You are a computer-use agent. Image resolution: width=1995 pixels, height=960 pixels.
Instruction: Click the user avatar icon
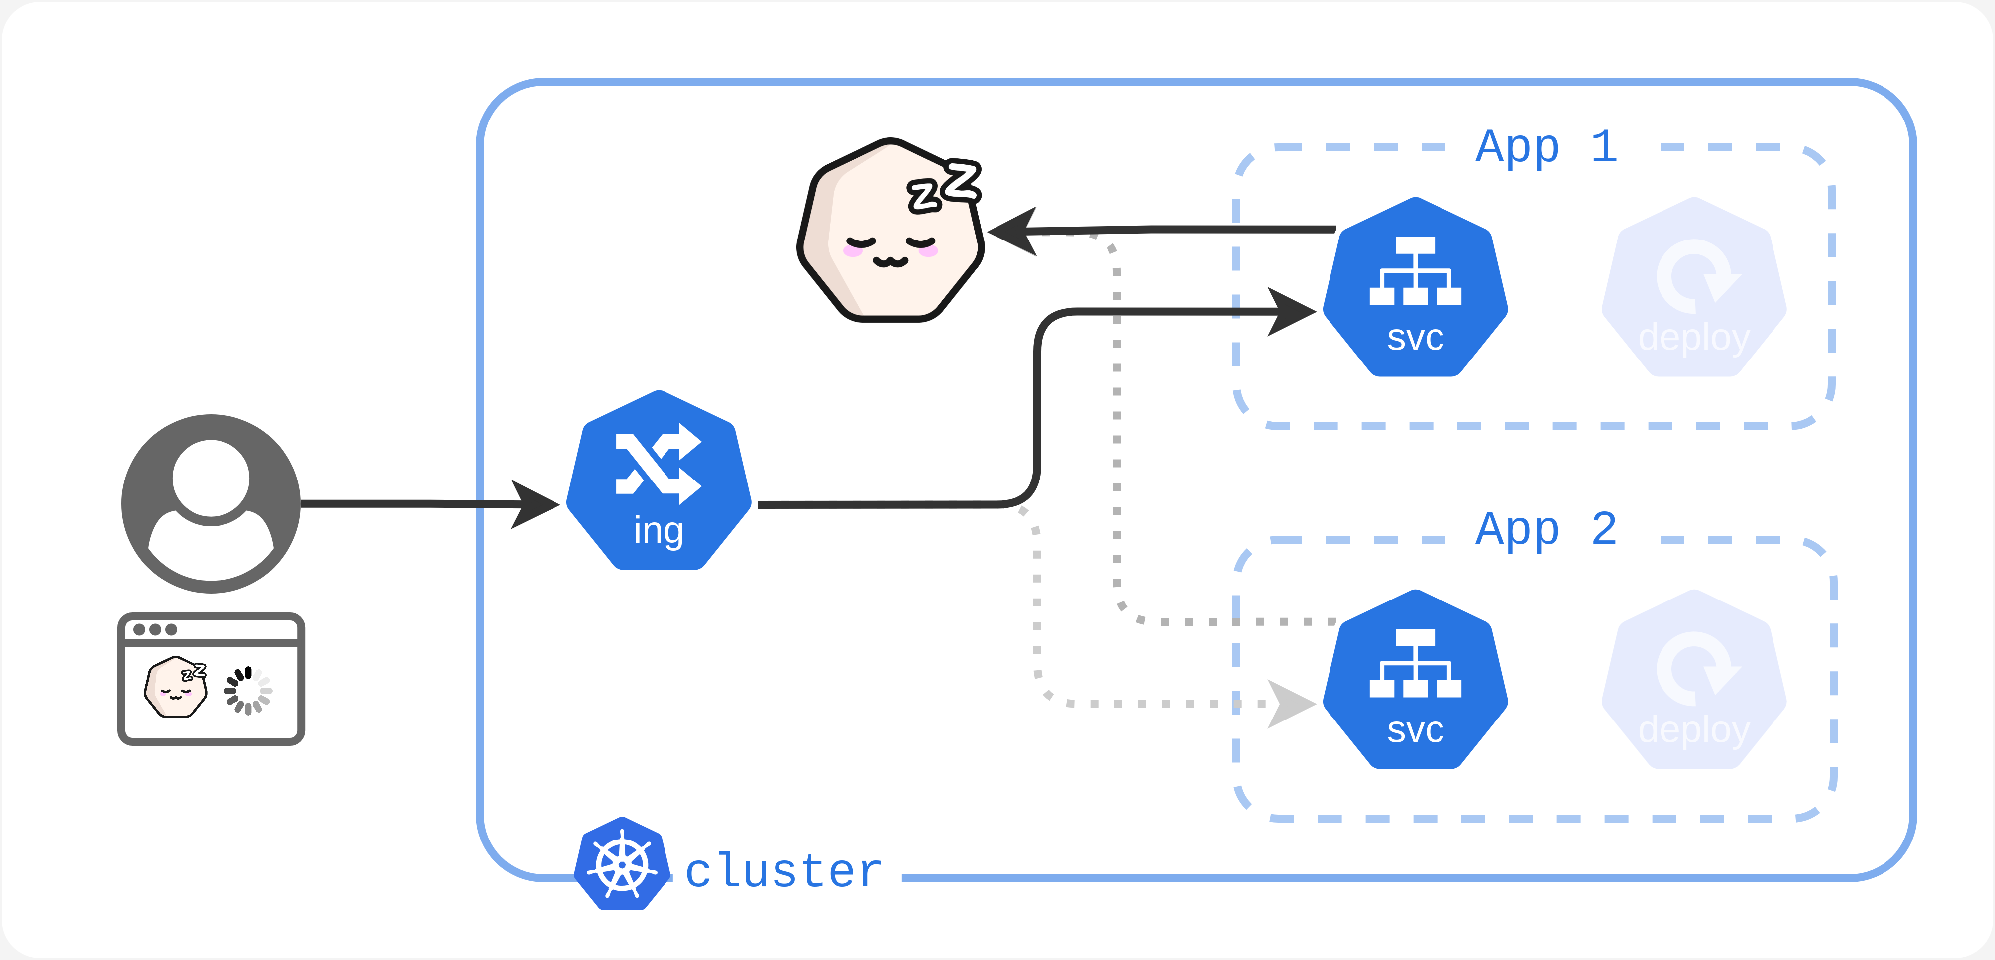click(x=211, y=503)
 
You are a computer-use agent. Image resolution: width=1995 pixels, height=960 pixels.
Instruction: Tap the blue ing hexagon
click(x=659, y=480)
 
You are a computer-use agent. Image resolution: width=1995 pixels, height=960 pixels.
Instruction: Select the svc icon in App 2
click(x=1415, y=680)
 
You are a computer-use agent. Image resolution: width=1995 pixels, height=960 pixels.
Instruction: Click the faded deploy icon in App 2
click(x=1694, y=680)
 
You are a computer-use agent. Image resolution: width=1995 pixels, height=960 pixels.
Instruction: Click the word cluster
click(x=784, y=871)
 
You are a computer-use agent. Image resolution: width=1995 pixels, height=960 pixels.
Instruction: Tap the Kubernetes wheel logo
click(x=622, y=864)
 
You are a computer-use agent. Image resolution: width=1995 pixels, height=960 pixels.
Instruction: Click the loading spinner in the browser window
click(x=248, y=690)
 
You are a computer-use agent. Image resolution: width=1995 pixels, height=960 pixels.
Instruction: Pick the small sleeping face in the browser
click(x=176, y=687)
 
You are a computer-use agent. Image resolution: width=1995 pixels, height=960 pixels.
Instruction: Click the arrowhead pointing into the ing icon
click(x=535, y=504)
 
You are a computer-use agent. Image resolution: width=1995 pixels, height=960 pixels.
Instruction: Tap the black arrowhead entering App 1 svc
click(x=1291, y=312)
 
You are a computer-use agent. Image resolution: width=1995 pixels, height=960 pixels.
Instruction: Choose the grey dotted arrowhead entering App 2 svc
click(x=1291, y=704)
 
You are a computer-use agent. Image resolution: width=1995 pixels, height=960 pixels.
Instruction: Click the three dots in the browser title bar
click(x=155, y=629)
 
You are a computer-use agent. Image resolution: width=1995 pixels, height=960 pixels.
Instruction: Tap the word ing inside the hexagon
click(x=659, y=531)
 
